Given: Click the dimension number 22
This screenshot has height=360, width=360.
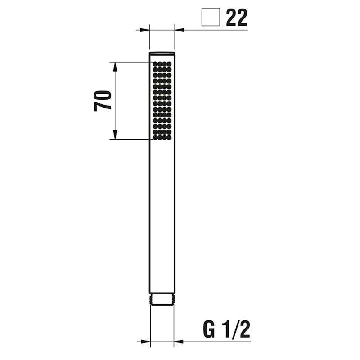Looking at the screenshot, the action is [237, 17].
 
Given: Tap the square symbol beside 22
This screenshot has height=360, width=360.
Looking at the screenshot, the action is [211, 17].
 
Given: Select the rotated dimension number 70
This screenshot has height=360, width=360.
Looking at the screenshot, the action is [103, 101].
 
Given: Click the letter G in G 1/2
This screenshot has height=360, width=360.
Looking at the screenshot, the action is [209, 329].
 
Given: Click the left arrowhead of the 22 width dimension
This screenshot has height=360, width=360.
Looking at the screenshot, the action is [145, 30].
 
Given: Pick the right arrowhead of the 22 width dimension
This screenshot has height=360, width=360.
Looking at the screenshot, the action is [179, 30].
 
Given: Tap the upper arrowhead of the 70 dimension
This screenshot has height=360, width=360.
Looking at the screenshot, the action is [115, 67].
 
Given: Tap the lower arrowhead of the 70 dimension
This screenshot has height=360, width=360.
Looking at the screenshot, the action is [115, 135].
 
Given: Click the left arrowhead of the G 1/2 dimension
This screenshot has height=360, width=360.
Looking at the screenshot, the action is [146, 342].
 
